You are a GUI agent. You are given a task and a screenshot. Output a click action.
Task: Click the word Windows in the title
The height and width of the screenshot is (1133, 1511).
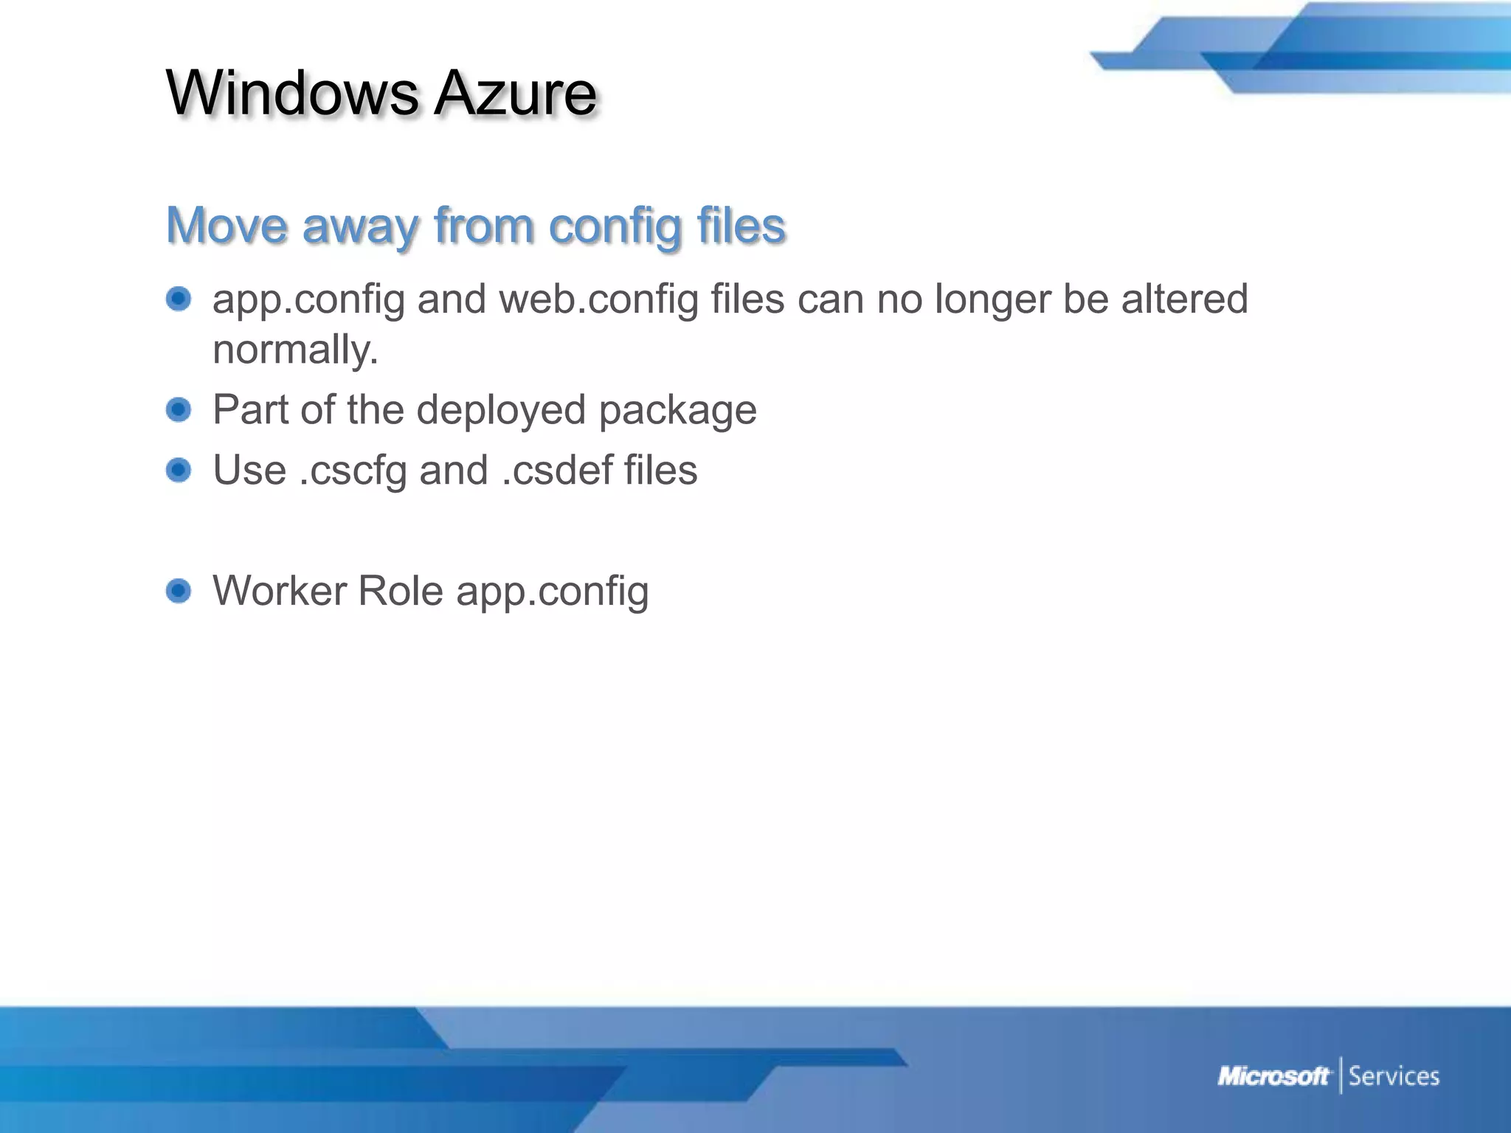coord(292,94)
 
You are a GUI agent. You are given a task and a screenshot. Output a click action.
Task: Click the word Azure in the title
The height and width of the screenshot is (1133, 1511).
coord(515,94)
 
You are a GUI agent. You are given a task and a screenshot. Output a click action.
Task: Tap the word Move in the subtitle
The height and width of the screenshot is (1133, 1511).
coord(227,225)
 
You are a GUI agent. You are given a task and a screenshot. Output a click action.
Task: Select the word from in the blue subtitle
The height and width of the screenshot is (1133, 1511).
coord(484,225)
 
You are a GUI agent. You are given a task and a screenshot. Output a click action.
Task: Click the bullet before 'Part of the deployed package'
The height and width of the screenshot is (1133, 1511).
coord(179,409)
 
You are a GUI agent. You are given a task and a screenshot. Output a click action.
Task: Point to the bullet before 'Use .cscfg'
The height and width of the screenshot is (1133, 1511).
coord(179,470)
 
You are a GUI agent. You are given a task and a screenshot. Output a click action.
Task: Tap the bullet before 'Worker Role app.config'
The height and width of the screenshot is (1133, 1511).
coord(179,591)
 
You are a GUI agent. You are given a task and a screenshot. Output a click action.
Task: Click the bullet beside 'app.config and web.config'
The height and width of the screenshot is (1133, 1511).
coord(179,299)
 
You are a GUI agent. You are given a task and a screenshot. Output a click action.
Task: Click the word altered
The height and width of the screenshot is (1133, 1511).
coord(1184,299)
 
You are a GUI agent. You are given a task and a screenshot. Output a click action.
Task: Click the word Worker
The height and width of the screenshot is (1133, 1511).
coord(278,591)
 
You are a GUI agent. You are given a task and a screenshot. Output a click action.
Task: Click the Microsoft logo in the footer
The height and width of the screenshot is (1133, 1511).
coord(1273,1076)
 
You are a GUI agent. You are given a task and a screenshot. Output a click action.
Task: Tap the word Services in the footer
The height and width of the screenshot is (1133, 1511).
coord(1394,1076)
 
